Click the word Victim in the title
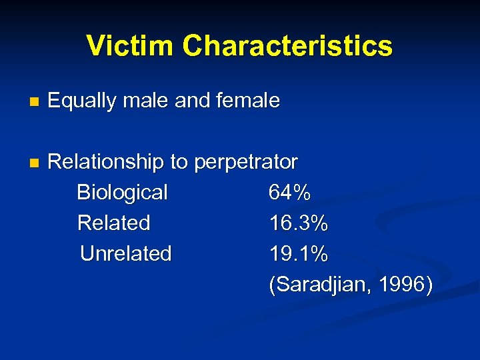[130, 45]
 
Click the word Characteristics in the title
[287, 45]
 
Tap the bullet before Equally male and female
[35, 103]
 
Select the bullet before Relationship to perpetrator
[35, 163]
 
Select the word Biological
[123, 193]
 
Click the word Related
[114, 223]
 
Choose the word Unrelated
[126, 253]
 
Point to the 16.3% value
[299, 223]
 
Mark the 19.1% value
[299, 253]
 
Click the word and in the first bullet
[193, 101]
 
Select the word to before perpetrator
[179, 162]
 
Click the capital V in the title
[95, 45]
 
